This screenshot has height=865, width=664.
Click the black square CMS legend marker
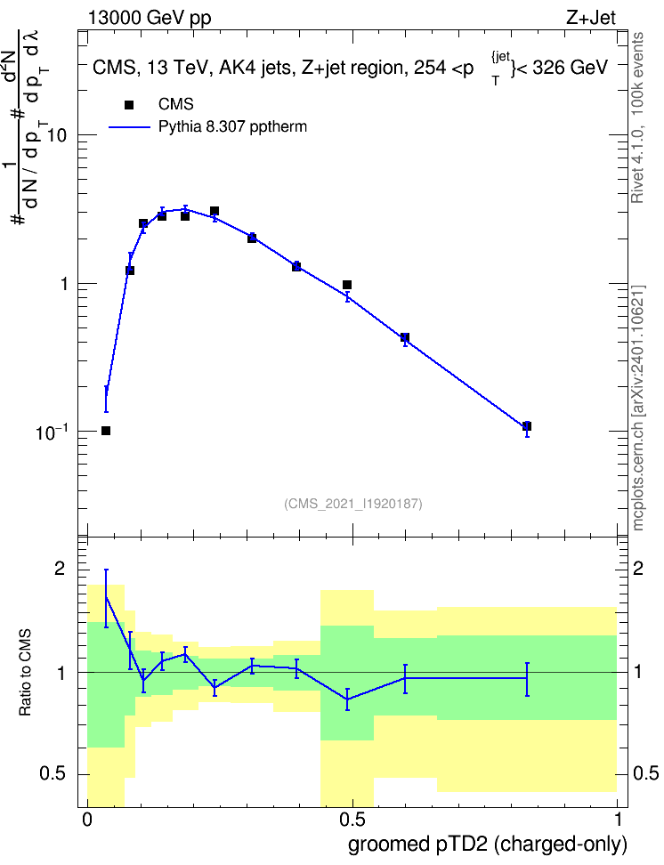coord(129,105)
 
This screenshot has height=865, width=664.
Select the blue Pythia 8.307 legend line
coord(130,127)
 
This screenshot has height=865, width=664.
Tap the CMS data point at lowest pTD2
coord(106,431)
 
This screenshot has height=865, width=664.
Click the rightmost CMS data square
coord(527,426)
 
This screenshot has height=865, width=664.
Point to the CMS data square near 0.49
coord(347,285)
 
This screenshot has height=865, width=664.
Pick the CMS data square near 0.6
coord(405,337)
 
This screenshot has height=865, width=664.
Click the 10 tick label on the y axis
coord(57,135)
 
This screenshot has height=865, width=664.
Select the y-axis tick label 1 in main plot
coord(63,284)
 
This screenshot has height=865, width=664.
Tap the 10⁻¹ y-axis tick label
coord(53,432)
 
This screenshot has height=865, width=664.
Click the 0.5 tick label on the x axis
coord(352,820)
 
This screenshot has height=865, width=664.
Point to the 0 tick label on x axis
coord(86,820)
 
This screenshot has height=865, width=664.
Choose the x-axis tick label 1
coord(618,820)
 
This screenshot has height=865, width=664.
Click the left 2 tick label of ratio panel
coord(60,568)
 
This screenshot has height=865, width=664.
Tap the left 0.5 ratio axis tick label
coord(53,774)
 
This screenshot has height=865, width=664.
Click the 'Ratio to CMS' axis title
coord(25,673)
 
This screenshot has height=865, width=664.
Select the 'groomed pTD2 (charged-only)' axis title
coord(488,845)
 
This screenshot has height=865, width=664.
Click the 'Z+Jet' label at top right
coord(591,18)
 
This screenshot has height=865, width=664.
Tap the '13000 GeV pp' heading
coord(150,19)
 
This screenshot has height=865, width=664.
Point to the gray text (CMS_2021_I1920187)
coord(353,504)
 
